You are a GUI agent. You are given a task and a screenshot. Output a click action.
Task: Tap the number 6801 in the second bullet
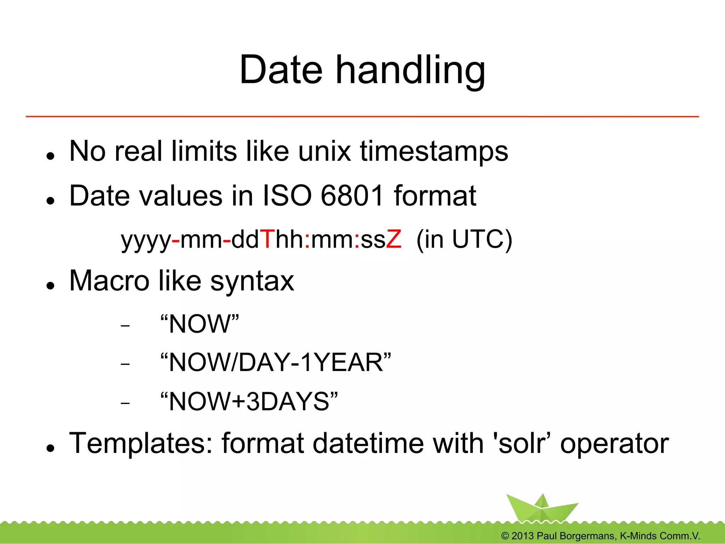tap(352, 196)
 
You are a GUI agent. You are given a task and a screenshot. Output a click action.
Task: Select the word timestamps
tap(434, 151)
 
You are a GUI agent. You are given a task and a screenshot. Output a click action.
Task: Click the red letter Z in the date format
tap(394, 240)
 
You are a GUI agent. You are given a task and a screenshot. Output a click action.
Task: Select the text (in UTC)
tap(464, 240)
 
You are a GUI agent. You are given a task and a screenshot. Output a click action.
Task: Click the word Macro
tap(109, 281)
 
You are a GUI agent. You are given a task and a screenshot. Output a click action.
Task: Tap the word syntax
tap(252, 281)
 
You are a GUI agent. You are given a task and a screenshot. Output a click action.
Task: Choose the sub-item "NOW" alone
tap(200, 324)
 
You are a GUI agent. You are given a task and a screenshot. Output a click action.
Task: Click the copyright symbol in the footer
tap(505, 536)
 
